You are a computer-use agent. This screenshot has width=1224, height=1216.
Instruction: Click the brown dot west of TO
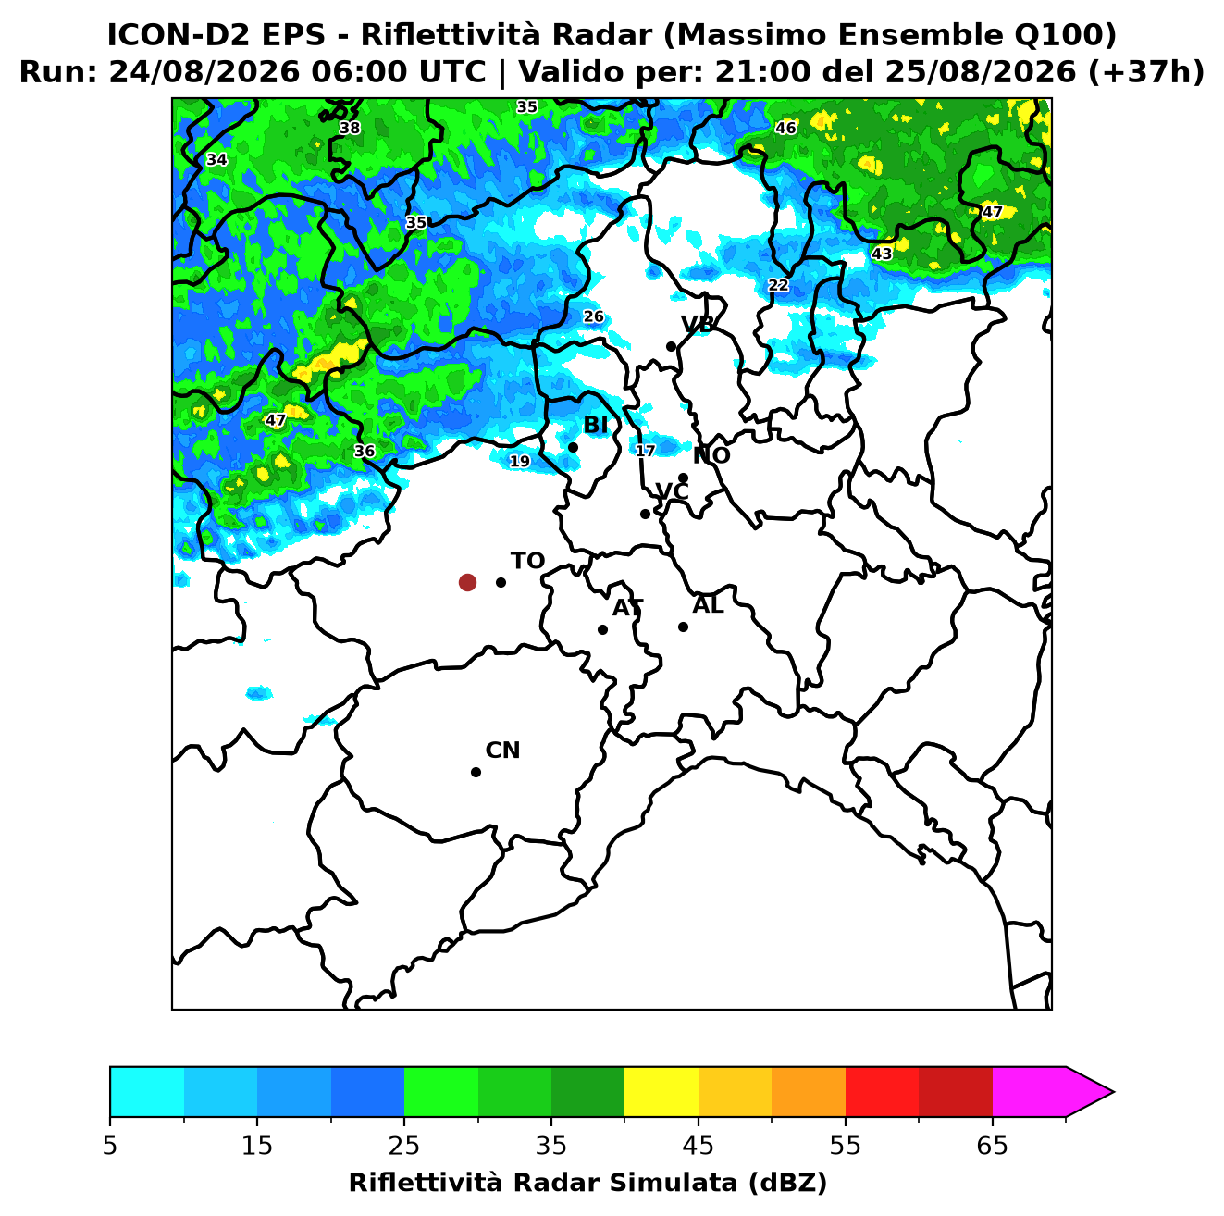point(467,582)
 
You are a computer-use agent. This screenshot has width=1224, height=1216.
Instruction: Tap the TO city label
point(528,562)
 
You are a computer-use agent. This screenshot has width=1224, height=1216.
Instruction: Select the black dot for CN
point(476,773)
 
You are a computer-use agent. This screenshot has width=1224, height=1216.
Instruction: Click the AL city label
point(709,605)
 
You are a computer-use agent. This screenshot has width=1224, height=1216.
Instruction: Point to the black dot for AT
point(603,630)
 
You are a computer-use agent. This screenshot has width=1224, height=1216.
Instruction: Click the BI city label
point(595,426)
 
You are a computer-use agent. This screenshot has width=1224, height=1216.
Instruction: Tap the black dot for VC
point(646,514)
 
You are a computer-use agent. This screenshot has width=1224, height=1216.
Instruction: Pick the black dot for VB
point(672,346)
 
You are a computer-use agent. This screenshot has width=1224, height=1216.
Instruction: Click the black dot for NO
point(684,478)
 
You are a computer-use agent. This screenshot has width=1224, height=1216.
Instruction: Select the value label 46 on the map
point(785,129)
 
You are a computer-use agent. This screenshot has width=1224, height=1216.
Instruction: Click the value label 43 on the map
point(882,254)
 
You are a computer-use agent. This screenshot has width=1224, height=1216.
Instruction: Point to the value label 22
point(779,285)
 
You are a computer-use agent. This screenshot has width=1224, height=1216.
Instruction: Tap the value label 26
point(594,316)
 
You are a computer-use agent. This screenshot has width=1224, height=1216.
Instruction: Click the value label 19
point(520,462)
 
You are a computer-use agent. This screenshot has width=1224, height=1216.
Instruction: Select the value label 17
point(646,451)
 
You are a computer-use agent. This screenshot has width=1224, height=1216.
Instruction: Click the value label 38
point(350,129)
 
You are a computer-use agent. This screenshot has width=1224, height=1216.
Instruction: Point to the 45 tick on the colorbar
point(699,1146)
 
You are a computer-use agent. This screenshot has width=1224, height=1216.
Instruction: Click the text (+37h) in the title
point(1145,72)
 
